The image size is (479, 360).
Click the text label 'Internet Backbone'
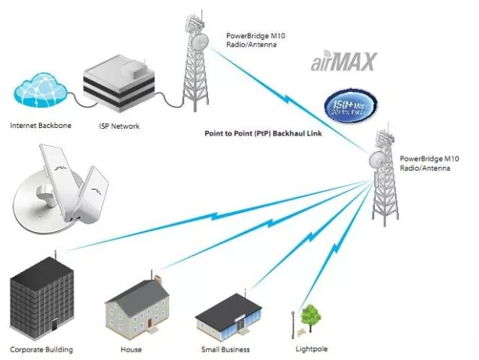tap(40, 126)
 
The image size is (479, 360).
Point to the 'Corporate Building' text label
tap(42, 350)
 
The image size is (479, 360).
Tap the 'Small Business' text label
tap(225, 350)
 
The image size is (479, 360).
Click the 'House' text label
tap(131, 350)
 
